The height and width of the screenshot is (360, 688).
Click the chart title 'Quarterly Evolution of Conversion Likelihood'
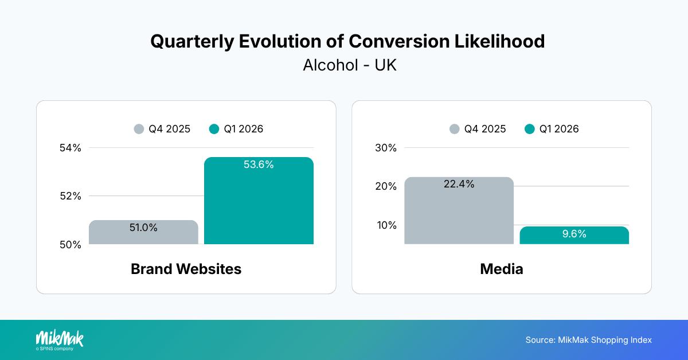coord(347,41)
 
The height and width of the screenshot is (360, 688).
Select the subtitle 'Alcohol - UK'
coord(349,65)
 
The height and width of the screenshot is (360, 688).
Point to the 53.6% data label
coord(259,165)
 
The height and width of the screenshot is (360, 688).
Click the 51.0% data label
coord(143,228)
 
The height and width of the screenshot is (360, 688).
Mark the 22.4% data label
coord(459,185)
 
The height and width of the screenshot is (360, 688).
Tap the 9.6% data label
coord(574,234)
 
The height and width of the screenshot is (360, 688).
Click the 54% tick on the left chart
coord(71,148)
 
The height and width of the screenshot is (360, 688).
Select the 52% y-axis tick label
coord(71,196)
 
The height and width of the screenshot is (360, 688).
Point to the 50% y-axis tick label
coord(71,245)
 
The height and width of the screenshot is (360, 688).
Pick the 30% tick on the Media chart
coord(386,148)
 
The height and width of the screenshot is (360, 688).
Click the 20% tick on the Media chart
coord(386,186)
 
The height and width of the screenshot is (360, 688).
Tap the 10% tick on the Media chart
coord(386,225)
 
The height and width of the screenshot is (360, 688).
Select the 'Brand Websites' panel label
coord(186,269)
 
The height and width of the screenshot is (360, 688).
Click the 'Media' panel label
coord(501,269)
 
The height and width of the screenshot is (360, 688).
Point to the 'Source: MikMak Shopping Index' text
coord(588,340)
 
